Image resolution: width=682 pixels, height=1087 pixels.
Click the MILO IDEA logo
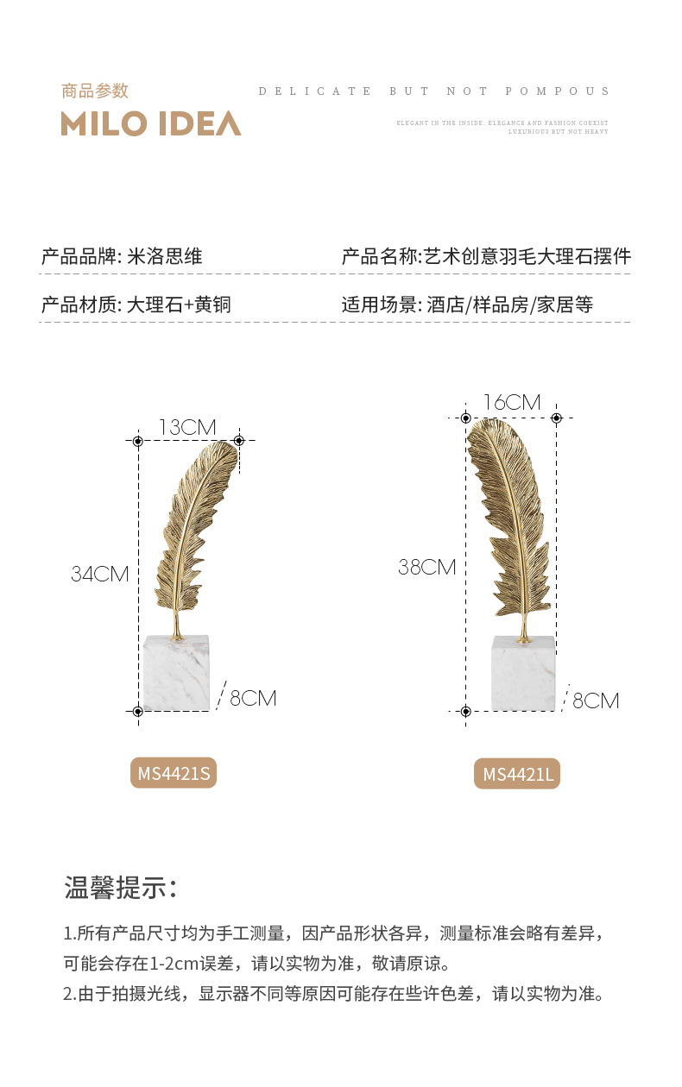point(151,123)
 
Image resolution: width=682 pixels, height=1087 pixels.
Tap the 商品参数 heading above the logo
point(95,91)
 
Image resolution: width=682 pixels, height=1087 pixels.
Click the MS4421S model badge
point(174,773)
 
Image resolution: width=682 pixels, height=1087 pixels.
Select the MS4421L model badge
point(517,774)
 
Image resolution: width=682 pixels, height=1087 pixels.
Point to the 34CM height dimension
point(99,574)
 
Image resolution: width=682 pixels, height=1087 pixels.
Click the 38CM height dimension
point(426,567)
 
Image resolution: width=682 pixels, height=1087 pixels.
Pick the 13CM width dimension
point(187,427)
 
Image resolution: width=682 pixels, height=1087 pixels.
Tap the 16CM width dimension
point(511,403)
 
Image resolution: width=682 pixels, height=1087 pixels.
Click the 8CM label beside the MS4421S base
point(253,698)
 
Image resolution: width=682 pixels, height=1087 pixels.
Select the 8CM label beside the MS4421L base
point(596,701)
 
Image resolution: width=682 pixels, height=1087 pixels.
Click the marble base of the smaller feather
point(177,672)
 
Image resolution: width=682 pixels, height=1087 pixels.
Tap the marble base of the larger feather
point(523,674)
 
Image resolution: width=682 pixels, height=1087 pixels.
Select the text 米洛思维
point(165,256)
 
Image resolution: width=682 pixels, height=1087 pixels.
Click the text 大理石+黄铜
point(179,305)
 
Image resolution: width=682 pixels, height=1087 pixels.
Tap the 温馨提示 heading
point(121,886)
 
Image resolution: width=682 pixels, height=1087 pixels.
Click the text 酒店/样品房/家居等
point(509,305)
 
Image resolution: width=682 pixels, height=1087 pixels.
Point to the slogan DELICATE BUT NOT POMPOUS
point(434,91)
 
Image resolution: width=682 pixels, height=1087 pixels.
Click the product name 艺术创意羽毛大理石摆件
point(527,256)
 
